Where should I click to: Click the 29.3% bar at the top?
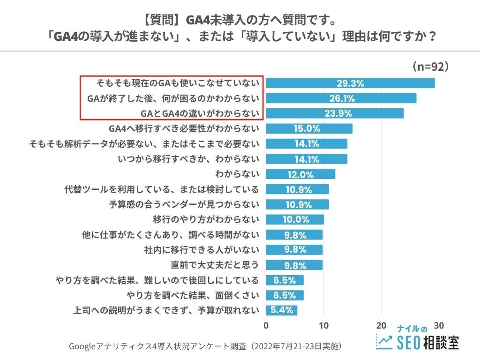click(350, 83)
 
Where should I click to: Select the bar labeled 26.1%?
click(341, 98)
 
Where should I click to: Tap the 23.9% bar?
click(335, 113)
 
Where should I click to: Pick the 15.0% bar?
click(309, 128)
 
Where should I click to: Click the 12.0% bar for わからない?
click(300, 174)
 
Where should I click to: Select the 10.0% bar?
click(295, 219)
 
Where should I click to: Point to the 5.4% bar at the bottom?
click(282, 310)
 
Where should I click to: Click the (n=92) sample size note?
click(431, 67)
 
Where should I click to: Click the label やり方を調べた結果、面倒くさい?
click(193, 295)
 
